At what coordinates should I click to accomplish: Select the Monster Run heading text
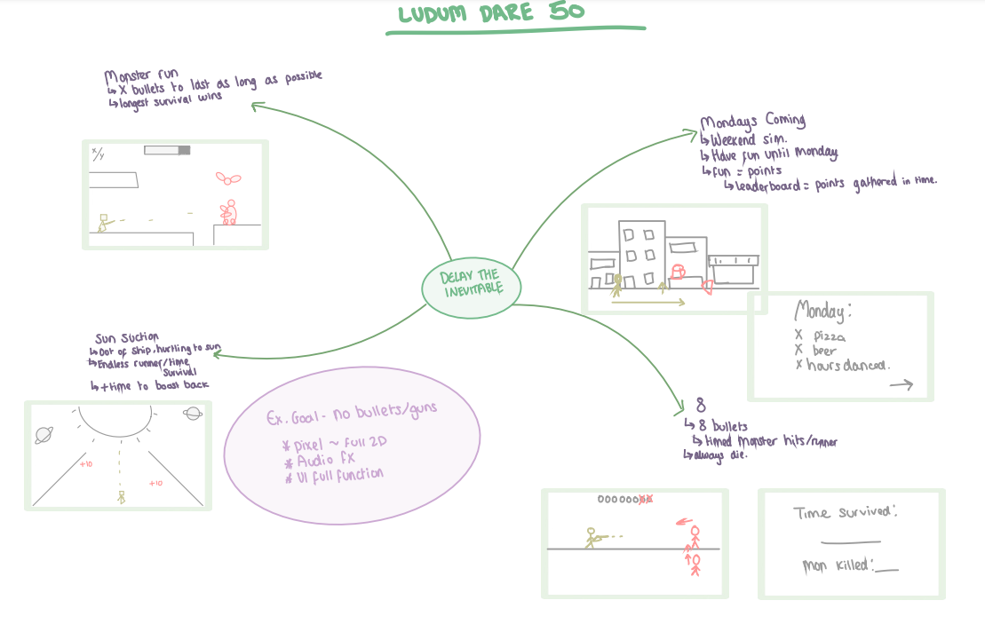point(141,76)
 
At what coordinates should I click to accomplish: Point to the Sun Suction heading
point(126,338)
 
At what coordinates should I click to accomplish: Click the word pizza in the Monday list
point(829,337)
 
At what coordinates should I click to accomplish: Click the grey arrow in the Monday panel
point(901,384)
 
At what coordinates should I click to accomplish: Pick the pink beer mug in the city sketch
point(679,271)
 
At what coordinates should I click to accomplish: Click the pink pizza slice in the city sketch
point(708,286)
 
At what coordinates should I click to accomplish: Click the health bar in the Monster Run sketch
point(167,151)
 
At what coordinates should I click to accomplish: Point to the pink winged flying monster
point(229,178)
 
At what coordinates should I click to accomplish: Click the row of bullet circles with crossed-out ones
point(625,500)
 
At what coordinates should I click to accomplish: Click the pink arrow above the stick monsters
point(685,521)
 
